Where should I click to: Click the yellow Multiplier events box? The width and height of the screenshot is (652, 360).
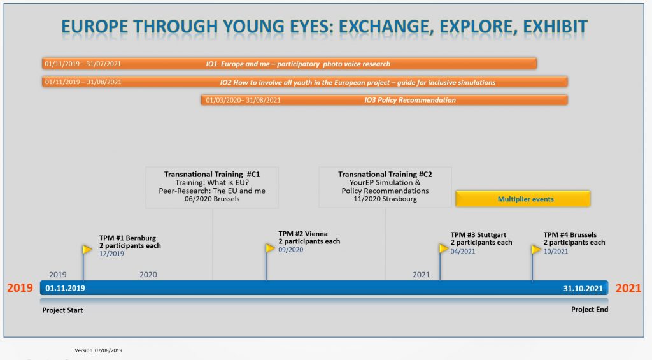[523, 199]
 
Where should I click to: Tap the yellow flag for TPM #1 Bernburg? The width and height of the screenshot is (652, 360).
[87, 249]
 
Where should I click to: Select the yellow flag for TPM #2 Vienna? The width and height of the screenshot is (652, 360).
[270, 248]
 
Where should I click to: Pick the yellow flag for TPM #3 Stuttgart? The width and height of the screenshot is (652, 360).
[443, 248]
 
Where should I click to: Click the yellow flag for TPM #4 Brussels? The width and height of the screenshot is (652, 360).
[536, 249]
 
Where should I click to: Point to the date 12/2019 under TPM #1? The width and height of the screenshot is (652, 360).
[111, 254]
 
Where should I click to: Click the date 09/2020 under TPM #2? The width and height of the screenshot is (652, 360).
[291, 250]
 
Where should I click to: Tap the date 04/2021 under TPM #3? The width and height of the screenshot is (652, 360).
[463, 251]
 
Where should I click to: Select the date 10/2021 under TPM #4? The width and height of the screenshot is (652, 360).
[556, 251]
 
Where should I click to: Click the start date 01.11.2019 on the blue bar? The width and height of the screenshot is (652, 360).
[65, 288]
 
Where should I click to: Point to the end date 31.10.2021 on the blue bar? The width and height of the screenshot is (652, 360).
[583, 288]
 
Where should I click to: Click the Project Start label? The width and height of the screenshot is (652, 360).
[62, 310]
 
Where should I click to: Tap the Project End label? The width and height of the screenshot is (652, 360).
[589, 310]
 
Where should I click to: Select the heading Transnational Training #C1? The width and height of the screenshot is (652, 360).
[212, 174]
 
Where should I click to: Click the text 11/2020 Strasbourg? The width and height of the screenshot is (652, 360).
[385, 199]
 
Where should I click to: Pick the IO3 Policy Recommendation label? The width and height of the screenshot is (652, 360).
[410, 100]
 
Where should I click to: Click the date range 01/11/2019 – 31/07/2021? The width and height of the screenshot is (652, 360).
[83, 64]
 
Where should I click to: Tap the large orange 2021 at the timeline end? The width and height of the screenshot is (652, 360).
[628, 288]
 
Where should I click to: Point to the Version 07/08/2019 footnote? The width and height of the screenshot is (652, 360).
[98, 350]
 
